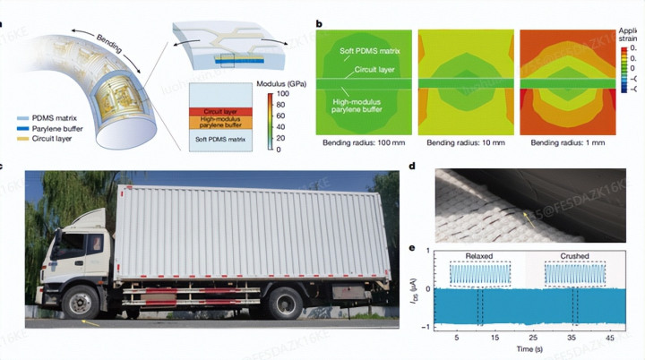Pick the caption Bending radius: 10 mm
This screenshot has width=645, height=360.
(x=464, y=142)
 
